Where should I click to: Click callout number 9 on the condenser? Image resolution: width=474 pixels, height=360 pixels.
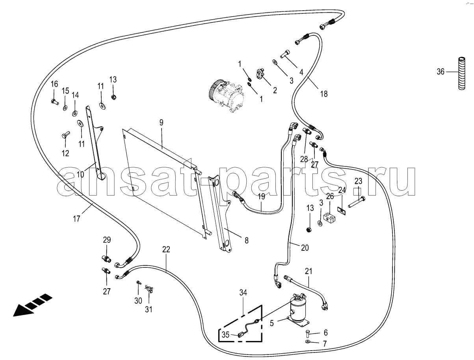[161, 123]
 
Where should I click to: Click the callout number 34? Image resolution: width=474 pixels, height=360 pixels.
[243, 292]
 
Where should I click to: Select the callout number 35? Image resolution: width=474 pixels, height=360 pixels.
[225, 336]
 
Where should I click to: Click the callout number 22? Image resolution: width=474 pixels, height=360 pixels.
[166, 249]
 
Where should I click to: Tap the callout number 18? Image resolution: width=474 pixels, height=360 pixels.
[323, 94]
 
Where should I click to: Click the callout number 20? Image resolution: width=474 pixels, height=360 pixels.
[305, 248]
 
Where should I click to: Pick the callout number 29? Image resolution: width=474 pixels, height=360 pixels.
[107, 240]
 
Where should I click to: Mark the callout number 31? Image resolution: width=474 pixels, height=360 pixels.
[149, 310]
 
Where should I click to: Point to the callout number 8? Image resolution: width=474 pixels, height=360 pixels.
[246, 240]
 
